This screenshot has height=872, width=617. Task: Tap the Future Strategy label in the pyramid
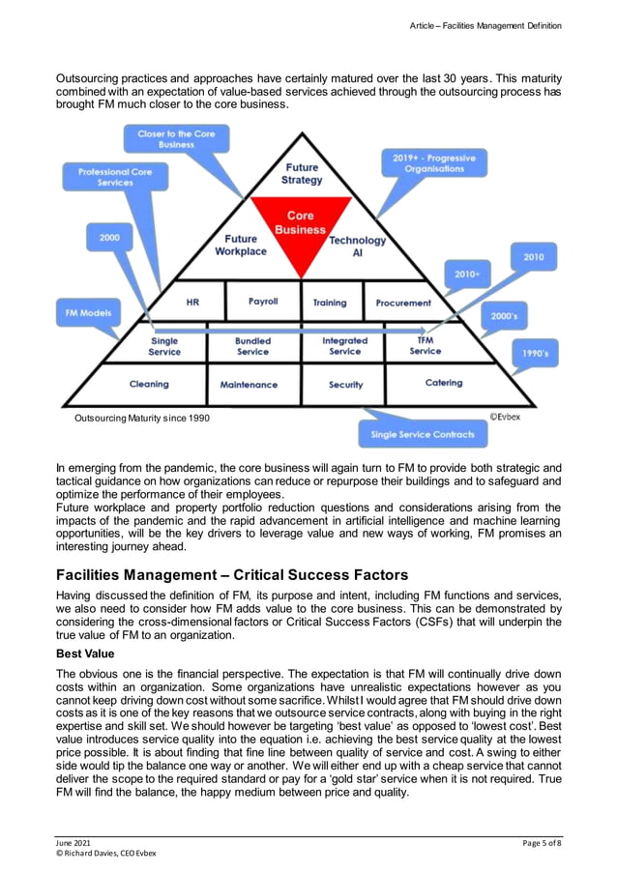click(302, 174)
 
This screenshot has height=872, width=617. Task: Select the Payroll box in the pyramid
click(262, 302)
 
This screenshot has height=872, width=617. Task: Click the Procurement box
click(403, 303)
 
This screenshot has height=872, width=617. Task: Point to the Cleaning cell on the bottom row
click(149, 384)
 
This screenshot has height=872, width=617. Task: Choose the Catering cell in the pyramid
click(444, 383)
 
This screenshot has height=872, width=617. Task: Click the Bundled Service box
click(253, 346)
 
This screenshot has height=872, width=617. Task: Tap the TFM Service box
click(425, 346)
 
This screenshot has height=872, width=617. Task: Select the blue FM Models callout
click(87, 313)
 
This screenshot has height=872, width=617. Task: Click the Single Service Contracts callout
click(423, 434)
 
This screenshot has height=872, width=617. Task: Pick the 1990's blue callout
click(535, 354)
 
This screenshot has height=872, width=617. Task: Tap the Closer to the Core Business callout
click(176, 139)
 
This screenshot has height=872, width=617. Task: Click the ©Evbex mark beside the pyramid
click(504, 417)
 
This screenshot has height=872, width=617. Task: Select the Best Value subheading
click(86, 654)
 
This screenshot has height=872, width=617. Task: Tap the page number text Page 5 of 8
click(541, 843)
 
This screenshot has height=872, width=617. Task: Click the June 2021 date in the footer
click(73, 843)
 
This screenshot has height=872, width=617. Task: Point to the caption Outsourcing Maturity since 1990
click(141, 418)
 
